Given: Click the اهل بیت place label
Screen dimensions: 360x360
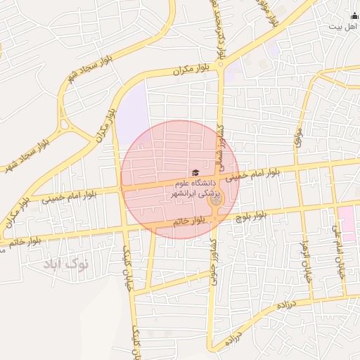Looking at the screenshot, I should [x=343, y=25].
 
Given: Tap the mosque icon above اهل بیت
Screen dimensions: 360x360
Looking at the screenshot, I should [x=354, y=15].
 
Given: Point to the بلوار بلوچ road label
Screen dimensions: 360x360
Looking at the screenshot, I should [x=252, y=214].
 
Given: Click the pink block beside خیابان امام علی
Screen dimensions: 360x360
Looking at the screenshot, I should [x=347, y=219].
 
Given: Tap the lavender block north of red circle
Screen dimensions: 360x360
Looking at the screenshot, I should [x=133, y=112].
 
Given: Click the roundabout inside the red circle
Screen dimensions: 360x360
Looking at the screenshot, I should [x=216, y=201].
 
